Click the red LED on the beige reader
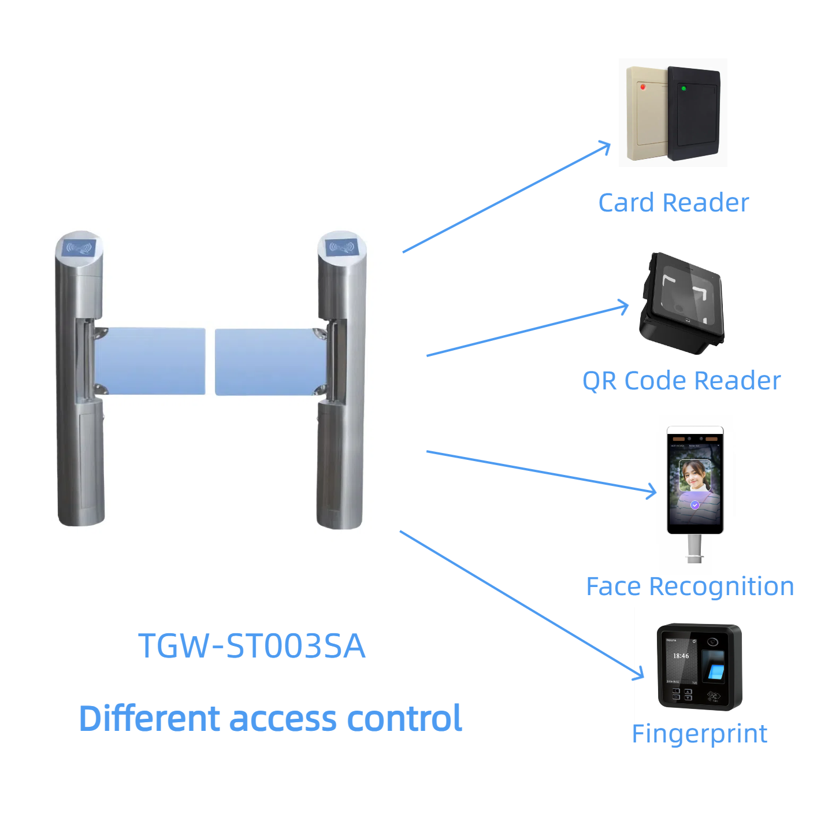coord(642,87)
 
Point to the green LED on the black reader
coord(684,88)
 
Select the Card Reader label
coord(673,203)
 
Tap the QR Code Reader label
coord(681,381)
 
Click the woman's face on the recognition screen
coord(694,475)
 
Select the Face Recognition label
coord(690,586)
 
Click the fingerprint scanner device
coord(699,667)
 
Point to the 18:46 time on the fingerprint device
coord(681,656)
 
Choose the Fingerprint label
coord(699,734)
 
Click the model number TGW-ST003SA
coord(252,645)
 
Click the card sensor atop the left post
coord(79,248)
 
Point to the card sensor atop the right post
coord(341,248)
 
